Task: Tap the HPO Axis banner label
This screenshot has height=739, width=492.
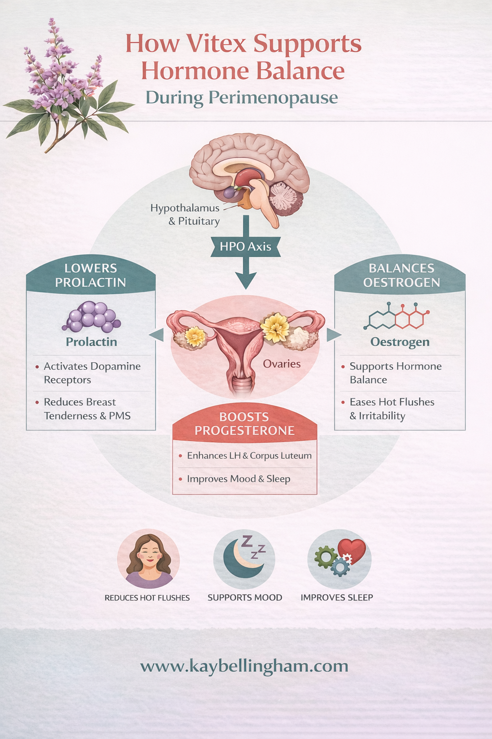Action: [x=246, y=247]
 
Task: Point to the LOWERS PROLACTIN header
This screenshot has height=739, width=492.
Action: [x=90, y=275]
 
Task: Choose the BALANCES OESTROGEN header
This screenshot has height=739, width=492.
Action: [x=401, y=275]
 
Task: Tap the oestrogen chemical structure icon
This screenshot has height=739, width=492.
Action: [x=397, y=317]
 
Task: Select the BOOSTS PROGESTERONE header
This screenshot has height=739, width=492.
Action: [x=244, y=424]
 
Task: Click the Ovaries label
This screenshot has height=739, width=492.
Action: [x=282, y=364]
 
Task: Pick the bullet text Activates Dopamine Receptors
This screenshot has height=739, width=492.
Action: [x=92, y=373]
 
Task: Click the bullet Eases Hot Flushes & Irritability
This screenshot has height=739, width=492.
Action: [x=392, y=408]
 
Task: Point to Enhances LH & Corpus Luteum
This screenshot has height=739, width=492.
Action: [x=249, y=456]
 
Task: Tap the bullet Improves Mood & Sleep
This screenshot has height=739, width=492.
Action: [x=238, y=479]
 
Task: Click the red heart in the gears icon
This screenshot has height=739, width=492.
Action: [x=352, y=550]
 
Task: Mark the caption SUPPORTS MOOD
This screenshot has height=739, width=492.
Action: [x=245, y=598]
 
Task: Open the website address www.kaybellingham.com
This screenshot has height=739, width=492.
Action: [x=244, y=666]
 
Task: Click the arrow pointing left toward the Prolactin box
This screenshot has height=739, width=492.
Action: [x=157, y=334]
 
